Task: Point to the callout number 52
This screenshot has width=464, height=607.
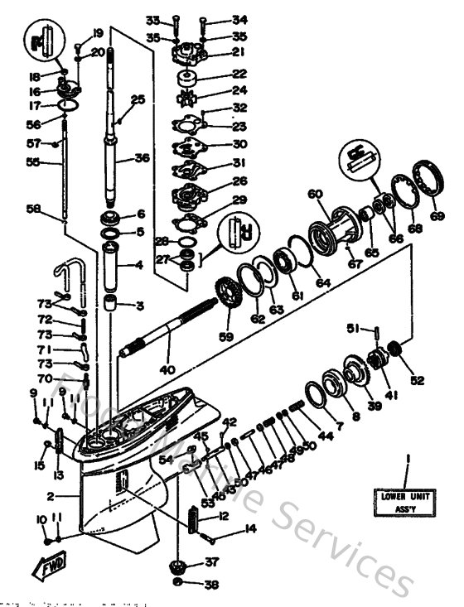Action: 417,381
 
